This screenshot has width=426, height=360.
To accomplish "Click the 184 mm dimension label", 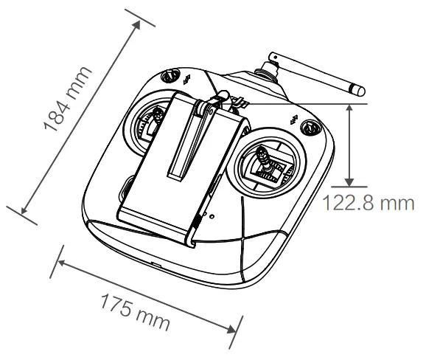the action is tap(68, 99).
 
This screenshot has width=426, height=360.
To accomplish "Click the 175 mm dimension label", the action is tap(135, 312).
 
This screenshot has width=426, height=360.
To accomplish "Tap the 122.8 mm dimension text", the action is tap(368, 203).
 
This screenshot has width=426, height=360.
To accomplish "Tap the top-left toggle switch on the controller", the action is tap(170, 75).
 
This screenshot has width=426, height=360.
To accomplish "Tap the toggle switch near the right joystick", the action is tap(310, 127).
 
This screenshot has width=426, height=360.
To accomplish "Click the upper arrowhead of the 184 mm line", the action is tap(136, 24).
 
